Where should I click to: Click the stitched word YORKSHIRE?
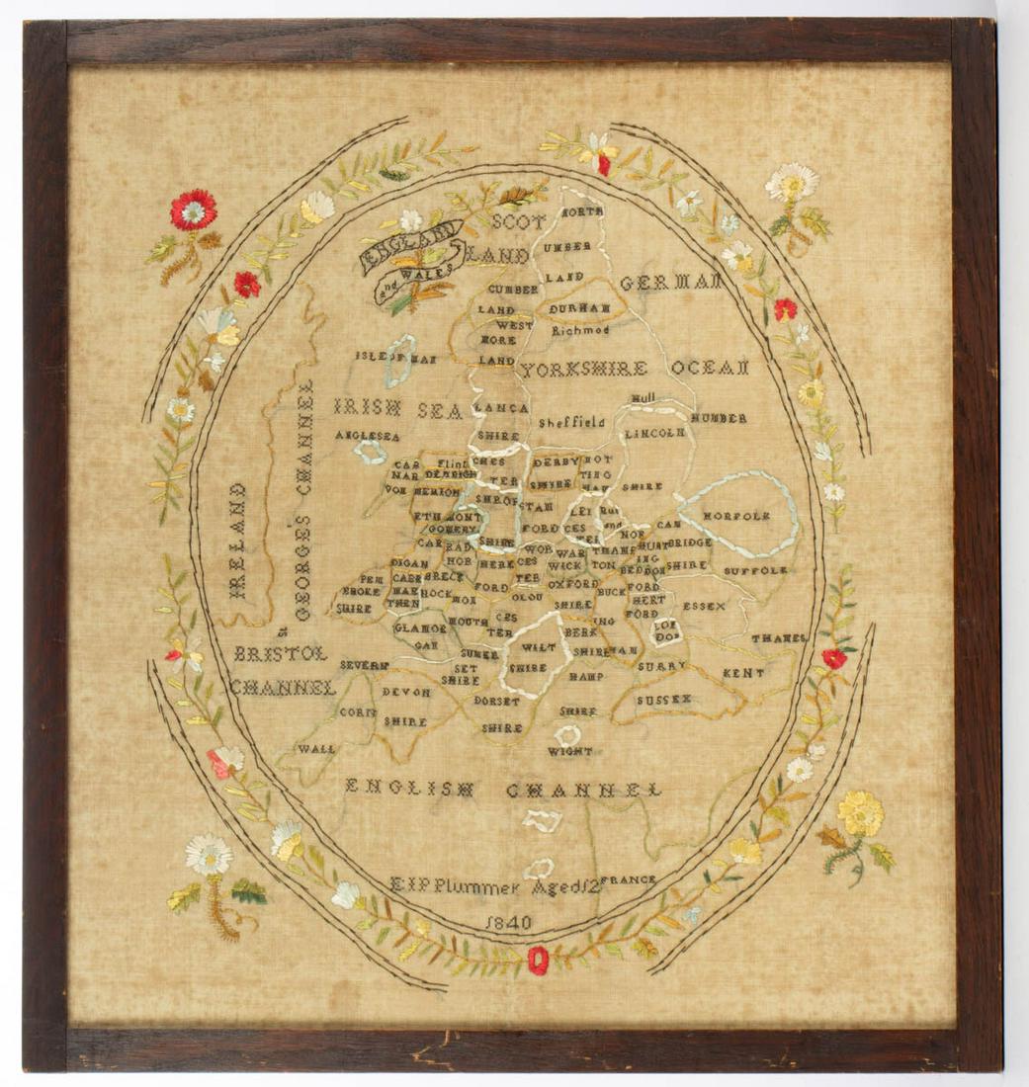point(584,370)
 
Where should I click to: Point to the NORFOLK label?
point(735,516)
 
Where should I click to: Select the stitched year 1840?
point(509,922)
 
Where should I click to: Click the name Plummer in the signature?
point(474,885)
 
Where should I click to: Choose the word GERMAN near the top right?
point(670,283)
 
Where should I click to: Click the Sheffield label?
point(571,422)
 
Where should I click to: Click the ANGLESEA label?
point(366,435)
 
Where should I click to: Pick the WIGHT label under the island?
point(570,752)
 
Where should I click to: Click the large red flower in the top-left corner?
point(193,209)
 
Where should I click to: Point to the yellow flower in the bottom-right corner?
point(860,813)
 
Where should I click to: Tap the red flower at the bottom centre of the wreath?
point(538,960)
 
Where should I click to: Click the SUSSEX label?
point(663,700)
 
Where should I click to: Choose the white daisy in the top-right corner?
point(792,182)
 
